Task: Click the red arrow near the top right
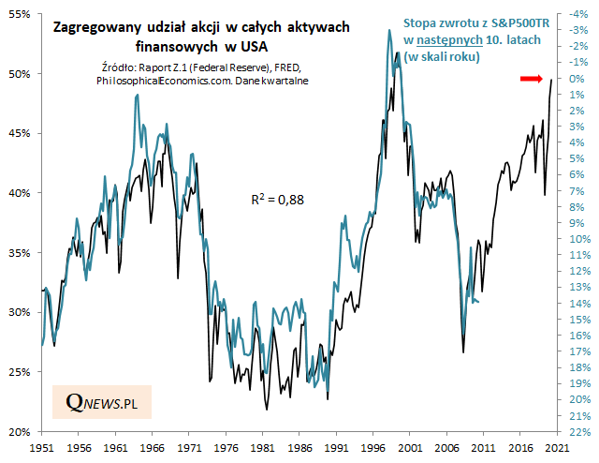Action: (531, 80)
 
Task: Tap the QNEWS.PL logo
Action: (101, 403)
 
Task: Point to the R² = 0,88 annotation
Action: (278, 199)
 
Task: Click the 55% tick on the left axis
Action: (21, 14)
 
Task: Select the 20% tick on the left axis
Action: (21, 431)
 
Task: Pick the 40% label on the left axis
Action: (21, 193)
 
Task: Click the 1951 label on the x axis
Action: (40, 449)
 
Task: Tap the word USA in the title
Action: (258, 45)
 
